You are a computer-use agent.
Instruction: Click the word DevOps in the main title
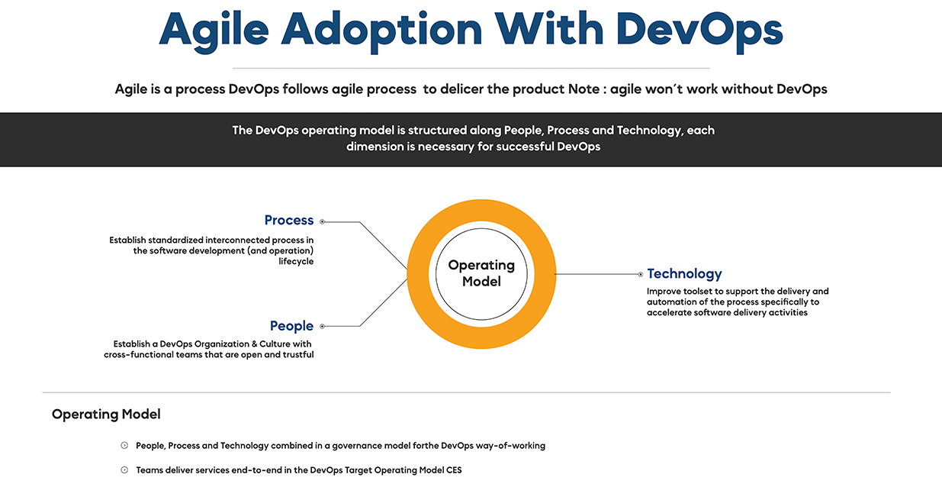699,30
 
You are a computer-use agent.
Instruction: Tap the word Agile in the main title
214,31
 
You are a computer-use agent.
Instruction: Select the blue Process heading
289,220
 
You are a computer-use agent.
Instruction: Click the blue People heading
291,326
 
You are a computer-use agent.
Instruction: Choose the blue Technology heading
684,273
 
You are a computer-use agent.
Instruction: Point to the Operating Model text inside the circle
481,273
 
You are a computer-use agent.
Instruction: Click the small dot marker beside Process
322,222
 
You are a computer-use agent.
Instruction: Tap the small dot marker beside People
322,326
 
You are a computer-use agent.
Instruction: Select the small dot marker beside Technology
641,274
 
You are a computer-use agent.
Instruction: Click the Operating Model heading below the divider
106,415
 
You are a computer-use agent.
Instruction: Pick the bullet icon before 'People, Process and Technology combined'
124,445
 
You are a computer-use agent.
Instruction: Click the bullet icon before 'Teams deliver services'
124,469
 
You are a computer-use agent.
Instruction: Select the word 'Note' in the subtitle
584,89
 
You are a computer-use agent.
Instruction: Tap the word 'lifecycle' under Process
296,261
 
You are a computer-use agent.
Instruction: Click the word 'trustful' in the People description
298,354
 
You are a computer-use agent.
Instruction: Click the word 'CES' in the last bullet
454,470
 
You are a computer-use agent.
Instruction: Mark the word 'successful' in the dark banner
525,147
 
